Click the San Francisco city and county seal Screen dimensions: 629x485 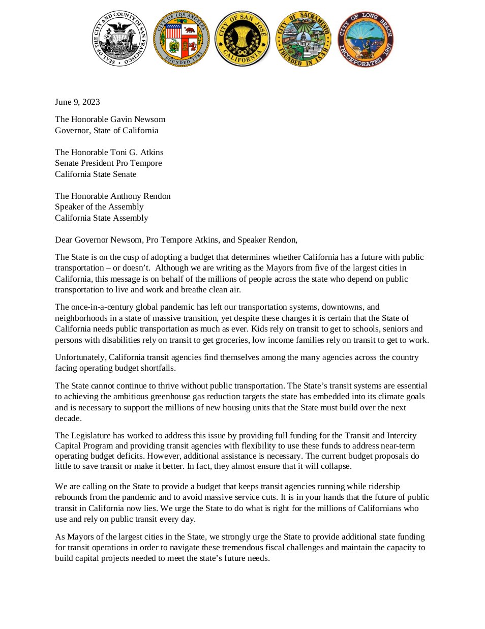(119, 39)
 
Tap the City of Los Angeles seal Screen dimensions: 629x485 (181, 39)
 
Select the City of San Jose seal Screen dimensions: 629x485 (243, 39)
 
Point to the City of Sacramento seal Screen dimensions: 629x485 (304, 39)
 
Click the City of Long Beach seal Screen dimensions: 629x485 (365, 39)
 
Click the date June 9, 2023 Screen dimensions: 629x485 (77, 102)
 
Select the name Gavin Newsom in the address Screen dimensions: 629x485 (141, 119)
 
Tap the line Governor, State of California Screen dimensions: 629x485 (106, 130)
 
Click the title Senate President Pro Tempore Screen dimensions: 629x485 (108, 163)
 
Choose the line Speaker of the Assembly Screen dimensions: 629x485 (99, 206)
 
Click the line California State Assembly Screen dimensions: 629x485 (101, 218)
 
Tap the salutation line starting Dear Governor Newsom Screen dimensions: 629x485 (176, 239)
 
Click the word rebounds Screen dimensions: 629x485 (70, 497)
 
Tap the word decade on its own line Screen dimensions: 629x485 (67, 418)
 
